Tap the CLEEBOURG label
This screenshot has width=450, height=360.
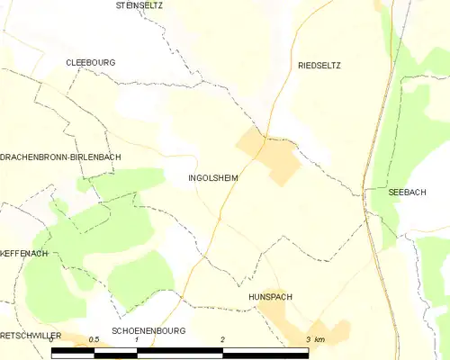pos(90,62)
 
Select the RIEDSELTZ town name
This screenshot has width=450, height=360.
pos(319,66)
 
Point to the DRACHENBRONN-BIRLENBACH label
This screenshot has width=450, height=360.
pos(60,157)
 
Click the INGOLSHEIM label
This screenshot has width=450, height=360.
pos(213,178)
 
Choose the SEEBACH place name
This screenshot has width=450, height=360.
pos(407,193)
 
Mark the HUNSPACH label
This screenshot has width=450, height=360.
pos(271,296)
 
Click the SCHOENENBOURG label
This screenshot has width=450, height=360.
pos(148,331)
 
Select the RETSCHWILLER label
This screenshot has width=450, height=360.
pos(31,335)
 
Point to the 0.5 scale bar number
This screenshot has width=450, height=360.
pos(94,339)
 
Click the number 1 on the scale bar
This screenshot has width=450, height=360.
pos(136,339)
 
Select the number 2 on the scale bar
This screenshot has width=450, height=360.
pos(222,339)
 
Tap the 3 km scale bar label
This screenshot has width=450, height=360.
pos(314,339)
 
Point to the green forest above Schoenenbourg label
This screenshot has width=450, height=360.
pos(144,279)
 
